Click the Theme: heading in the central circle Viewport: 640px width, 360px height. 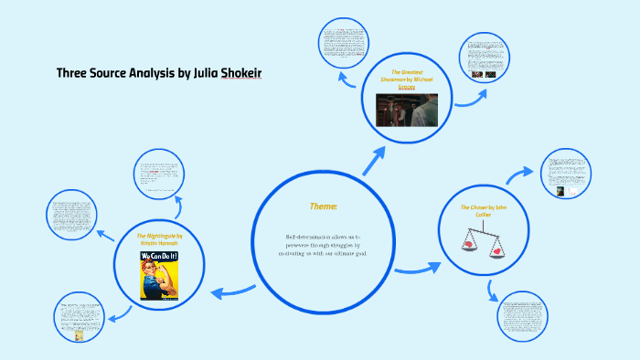324,207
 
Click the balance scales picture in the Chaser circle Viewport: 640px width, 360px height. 483,239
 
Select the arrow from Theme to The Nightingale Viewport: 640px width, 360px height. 233,291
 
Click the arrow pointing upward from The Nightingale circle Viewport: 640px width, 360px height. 177,206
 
